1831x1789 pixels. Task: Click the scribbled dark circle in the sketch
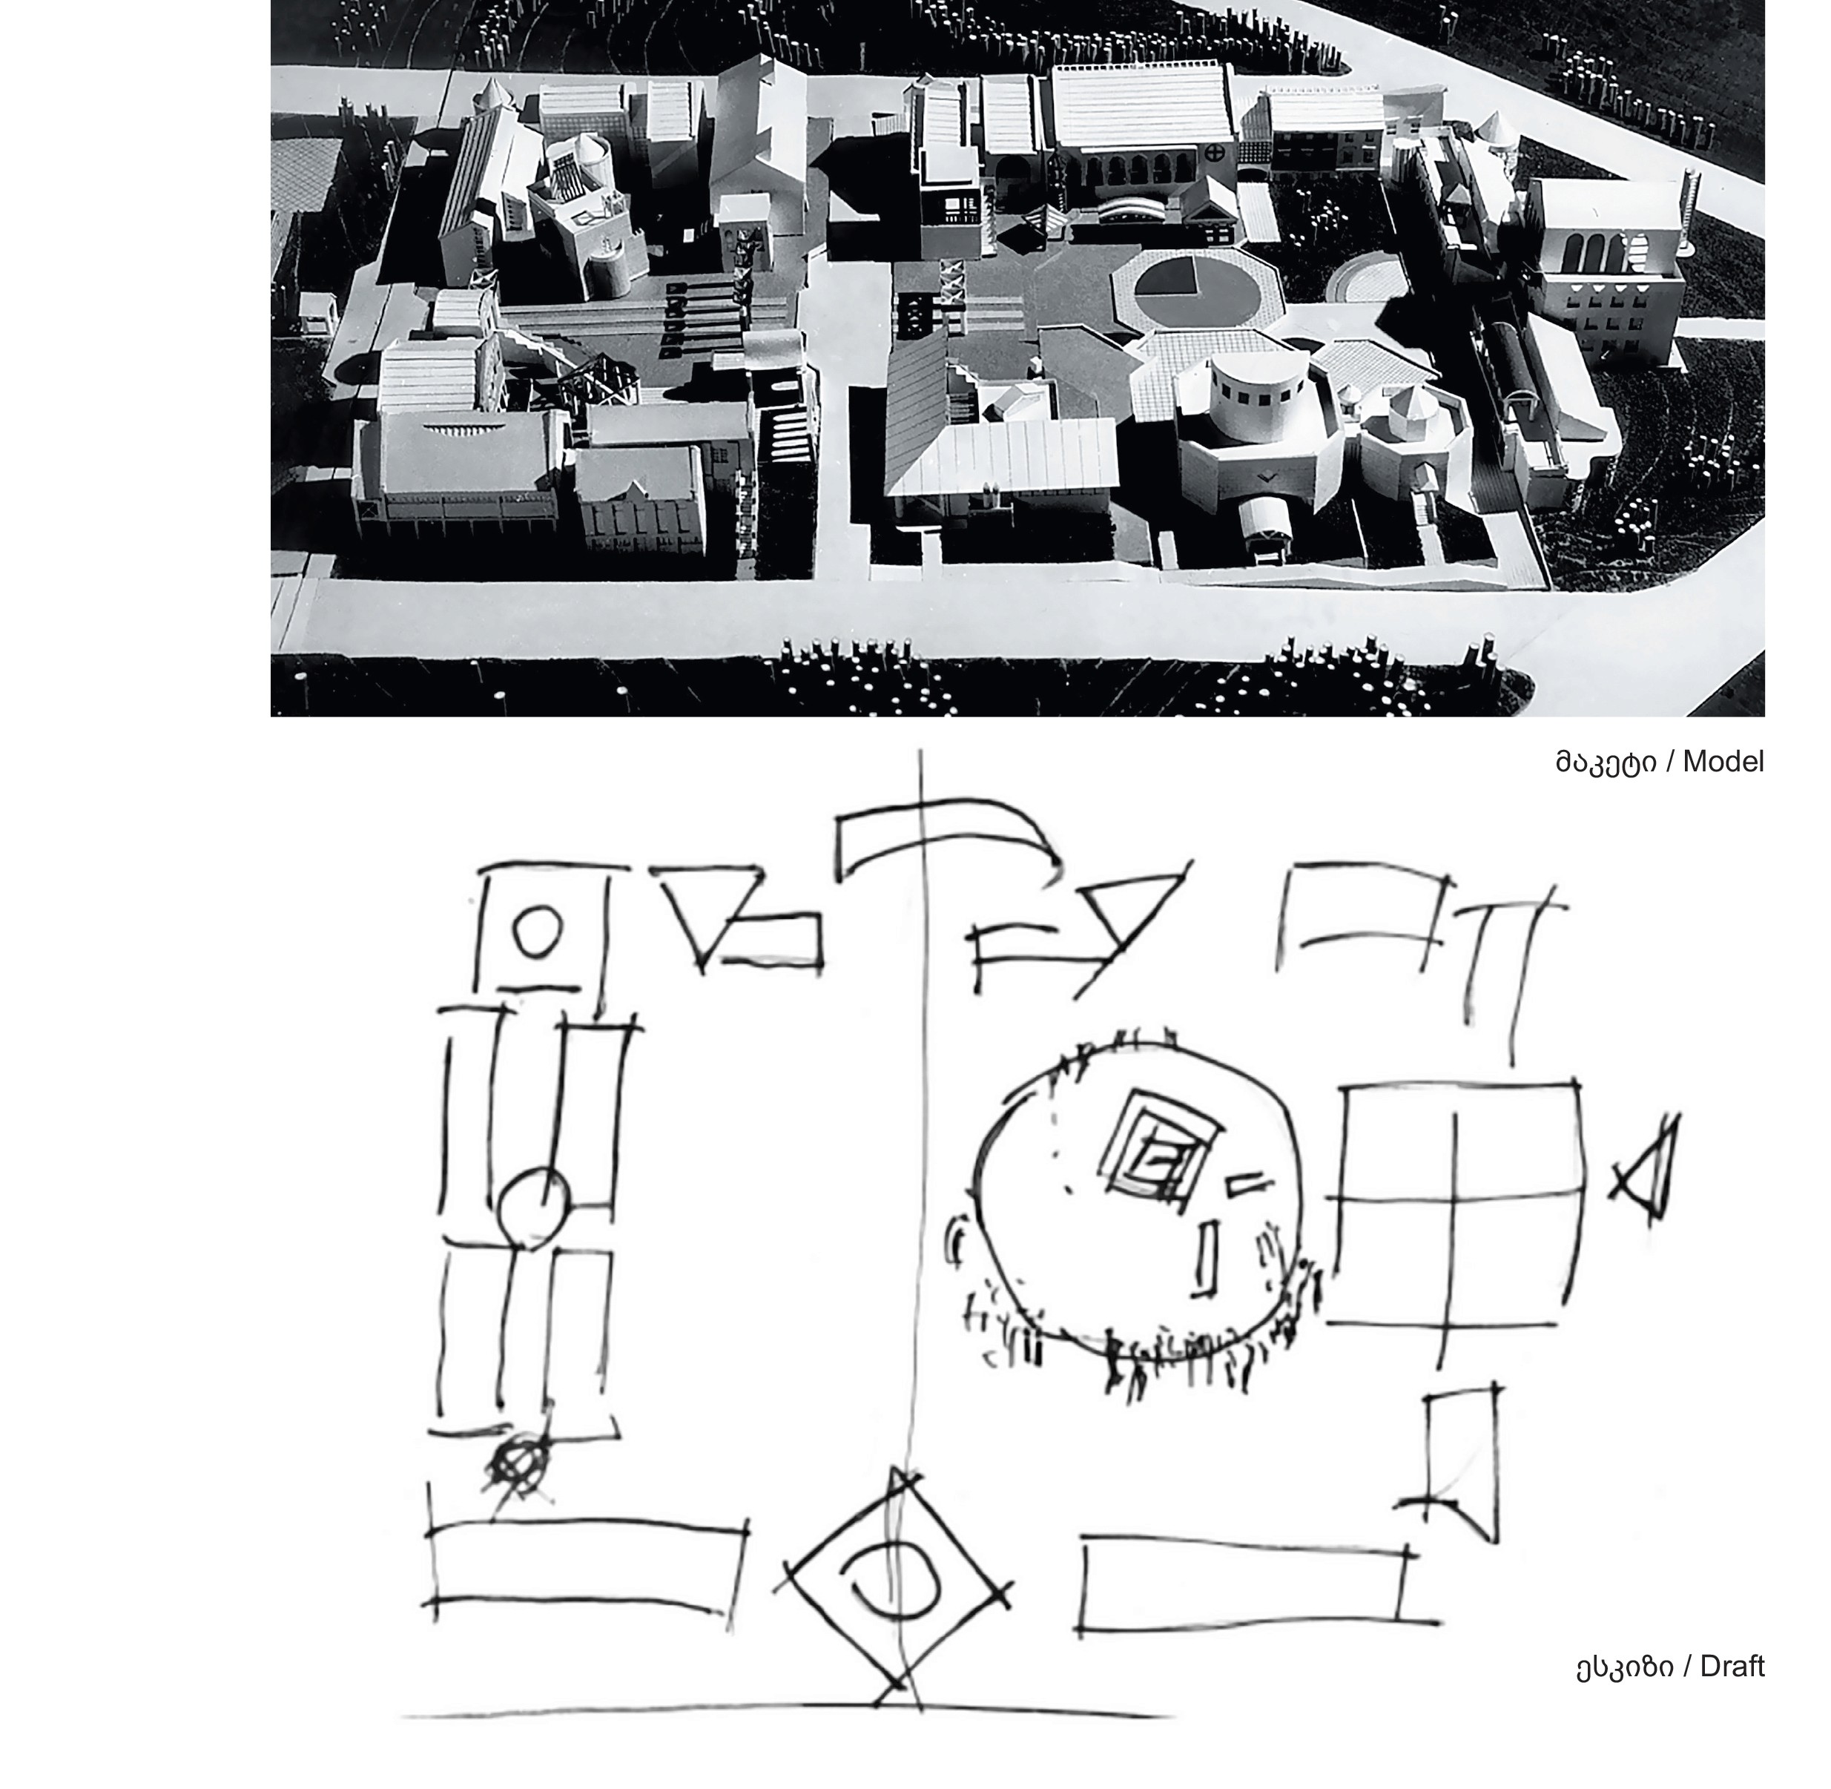[518, 1465]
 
